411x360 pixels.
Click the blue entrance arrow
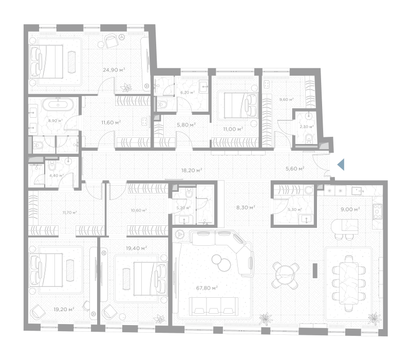click(x=341, y=165)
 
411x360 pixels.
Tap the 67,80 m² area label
click(x=207, y=288)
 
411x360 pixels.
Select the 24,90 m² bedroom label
click(x=114, y=70)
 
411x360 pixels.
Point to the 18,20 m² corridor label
click(x=192, y=170)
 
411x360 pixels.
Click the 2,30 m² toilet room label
click(x=307, y=127)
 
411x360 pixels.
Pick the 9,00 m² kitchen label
click(x=350, y=209)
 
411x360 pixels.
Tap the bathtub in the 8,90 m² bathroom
click(x=58, y=104)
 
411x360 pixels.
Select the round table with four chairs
click(x=285, y=276)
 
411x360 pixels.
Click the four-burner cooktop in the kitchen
click(x=378, y=211)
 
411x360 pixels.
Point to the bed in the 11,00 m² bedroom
click(x=240, y=105)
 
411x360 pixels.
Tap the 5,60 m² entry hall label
click(x=295, y=169)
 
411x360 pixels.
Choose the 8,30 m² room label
click(x=246, y=208)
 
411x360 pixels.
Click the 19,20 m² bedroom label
click(x=64, y=310)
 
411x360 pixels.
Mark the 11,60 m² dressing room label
click(x=111, y=122)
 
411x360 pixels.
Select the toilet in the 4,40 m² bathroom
click(x=52, y=165)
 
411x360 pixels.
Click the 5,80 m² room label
click(x=186, y=125)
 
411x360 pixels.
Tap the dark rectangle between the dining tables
click(x=315, y=271)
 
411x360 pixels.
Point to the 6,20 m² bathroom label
click(x=189, y=93)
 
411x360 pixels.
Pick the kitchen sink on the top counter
click(x=357, y=190)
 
